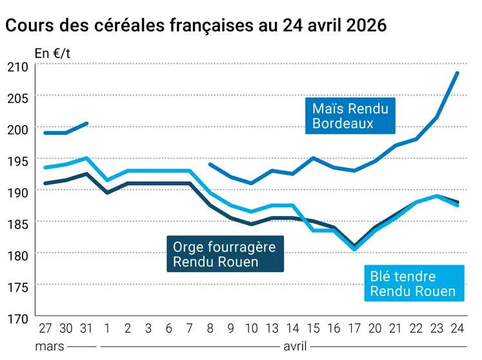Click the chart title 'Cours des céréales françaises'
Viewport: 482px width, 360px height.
click(x=196, y=26)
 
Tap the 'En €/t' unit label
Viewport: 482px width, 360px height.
click(x=52, y=54)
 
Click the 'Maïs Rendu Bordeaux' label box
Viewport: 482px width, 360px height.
click(x=350, y=115)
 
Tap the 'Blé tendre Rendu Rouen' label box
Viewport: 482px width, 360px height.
click(x=412, y=284)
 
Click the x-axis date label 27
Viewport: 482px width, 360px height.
click(x=45, y=329)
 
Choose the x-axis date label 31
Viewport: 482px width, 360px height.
click(x=86, y=329)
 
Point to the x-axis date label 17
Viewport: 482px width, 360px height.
click(x=354, y=329)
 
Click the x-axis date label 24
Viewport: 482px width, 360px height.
click(x=457, y=329)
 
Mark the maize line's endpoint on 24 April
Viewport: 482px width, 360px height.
click(x=457, y=73)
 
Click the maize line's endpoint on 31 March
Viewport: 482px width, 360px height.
click(x=86, y=123)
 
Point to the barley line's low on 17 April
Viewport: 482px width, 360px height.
click(x=354, y=246)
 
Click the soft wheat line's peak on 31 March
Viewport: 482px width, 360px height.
click(x=86, y=158)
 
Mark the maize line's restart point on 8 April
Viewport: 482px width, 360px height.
click(x=211, y=165)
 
